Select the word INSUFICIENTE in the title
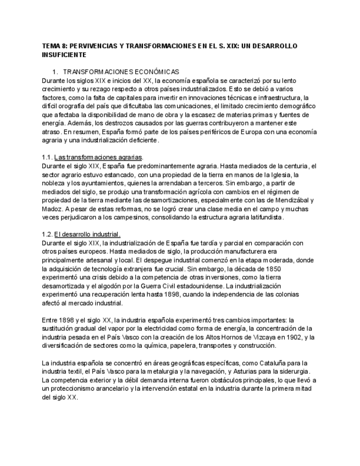pyautogui.click(x=64, y=56)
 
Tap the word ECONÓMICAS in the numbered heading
pyautogui.click(x=154, y=72)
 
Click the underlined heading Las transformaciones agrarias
pyautogui.click(x=99, y=157)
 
